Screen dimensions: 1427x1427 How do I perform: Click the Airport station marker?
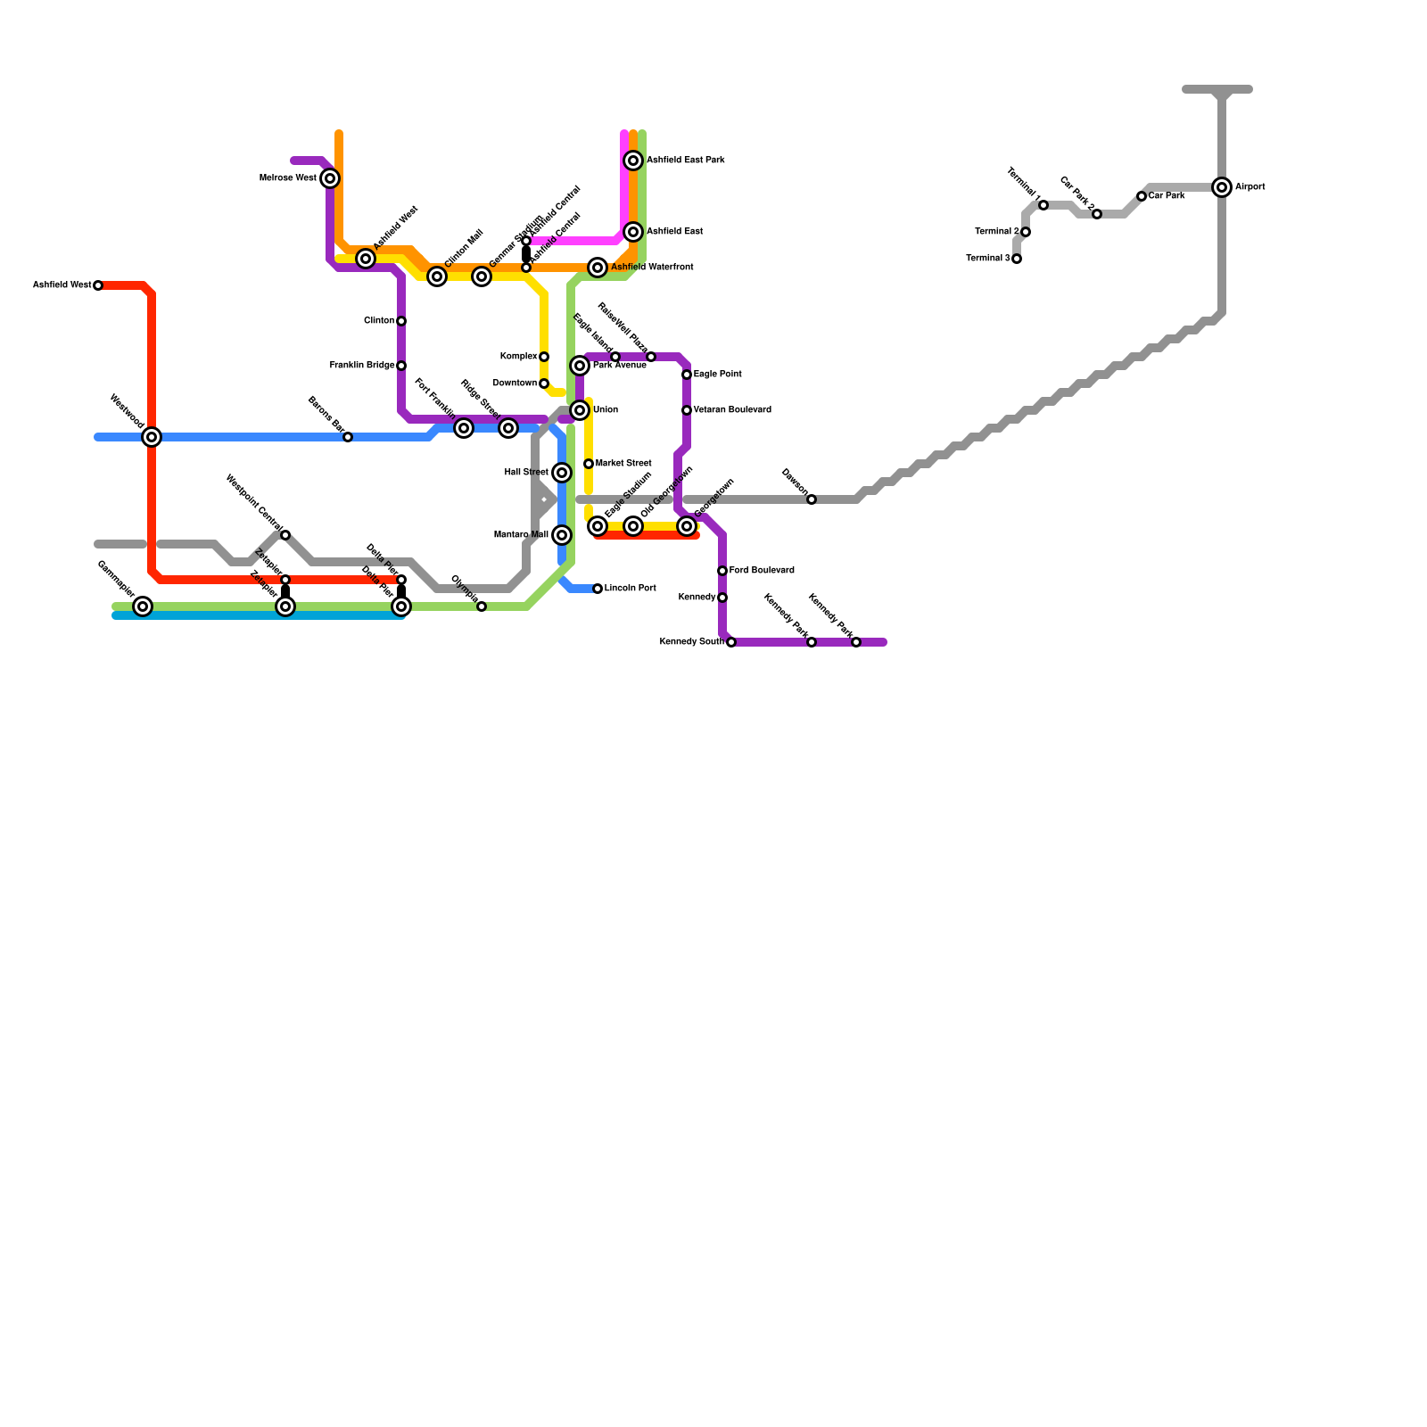(x=1222, y=187)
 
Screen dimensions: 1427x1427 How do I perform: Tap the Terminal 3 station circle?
(x=1017, y=259)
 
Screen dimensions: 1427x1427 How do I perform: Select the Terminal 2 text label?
(x=997, y=232)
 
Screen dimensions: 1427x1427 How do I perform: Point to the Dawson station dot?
(x=812, y=499)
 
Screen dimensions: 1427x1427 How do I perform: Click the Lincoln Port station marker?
(x=598, y=589)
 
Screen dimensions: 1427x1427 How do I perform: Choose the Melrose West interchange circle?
(x=330, y=178)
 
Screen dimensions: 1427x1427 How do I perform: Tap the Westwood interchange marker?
(x=152, y=437)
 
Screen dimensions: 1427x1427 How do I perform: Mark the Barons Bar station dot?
(x=348, y=437)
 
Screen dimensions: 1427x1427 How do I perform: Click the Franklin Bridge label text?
(x=362, y=366)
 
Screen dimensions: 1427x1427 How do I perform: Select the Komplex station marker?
(x=544, y=357)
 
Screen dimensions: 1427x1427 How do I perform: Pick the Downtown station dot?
(x=544, y=384)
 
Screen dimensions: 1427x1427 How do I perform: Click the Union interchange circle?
(x=580, y=410)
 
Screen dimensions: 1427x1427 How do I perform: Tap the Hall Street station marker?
(x=562, y=473)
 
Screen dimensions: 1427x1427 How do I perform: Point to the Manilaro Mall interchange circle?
(x=562, y=535)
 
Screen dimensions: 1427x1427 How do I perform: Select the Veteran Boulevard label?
(x=732, y=410)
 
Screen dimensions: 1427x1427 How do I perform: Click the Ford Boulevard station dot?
(x=722, y=571)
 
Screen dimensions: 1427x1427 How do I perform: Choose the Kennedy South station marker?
(x=731, y=642)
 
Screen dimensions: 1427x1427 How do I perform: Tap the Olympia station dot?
(x=482, y=606)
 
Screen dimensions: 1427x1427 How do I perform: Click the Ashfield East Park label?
(x=685, y=161)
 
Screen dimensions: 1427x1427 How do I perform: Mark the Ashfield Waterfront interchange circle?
(x=598, y=268)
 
